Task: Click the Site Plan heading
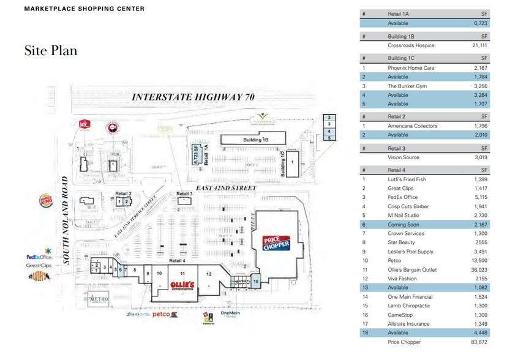(x=51, y=50)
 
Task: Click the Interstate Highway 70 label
(x=193, y=97)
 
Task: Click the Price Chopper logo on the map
(x=275, y=244)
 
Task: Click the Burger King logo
(x=46, y=200)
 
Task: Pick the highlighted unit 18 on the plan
(x=256, y=281)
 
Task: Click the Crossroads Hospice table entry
(x=411, y=46)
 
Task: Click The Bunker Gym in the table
(x=407, y=86)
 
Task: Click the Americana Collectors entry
(x=413, y=126)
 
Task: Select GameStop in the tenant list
(x=401, y=315)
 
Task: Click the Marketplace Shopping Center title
(x=85, y=9)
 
